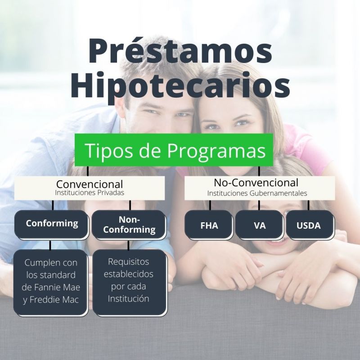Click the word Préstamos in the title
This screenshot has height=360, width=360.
tap(180, 50)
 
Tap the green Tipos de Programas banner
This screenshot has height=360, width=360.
tap(174, 150)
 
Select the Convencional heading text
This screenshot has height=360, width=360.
tap(90, 184)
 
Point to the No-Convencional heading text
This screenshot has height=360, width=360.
tap(256, 183)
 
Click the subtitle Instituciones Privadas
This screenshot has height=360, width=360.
tap(90, 193)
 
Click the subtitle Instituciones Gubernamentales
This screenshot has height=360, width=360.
tap(257, 193)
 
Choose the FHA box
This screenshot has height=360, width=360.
tap(209, 225)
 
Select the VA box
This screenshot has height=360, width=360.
tap(260, 225)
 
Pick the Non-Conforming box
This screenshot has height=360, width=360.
tap(129, 225)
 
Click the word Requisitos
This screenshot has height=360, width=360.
tap(129, 262)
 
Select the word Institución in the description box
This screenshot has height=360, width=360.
tap(129, 298)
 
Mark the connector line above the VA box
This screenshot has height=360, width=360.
tap(259, 205)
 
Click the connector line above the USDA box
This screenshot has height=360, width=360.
tap(308, 205)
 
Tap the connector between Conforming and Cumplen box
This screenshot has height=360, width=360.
tap(50, 245)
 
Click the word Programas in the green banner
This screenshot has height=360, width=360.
tap(216, 151)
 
